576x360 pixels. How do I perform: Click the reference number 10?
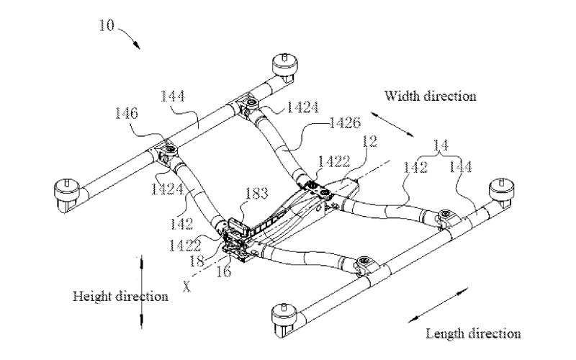coord(107,25)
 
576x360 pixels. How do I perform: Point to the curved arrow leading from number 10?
coord(130,36)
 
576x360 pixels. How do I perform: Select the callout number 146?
coord(127,113)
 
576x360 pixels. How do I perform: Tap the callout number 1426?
coord(345,122)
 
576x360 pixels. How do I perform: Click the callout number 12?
coord(369,141)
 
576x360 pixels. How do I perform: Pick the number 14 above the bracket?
coord(441,145)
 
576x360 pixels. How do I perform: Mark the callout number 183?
coord(256,193)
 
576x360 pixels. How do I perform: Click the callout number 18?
coord(197,261)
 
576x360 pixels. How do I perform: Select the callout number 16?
coord(223,271)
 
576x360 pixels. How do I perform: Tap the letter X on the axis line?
coord(187,287)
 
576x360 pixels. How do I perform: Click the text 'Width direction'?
coord(430,96)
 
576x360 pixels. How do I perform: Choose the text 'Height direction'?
coord(120,297)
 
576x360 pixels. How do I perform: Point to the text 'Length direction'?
coord(473,334)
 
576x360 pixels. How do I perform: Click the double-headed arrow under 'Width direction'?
coord(392,125)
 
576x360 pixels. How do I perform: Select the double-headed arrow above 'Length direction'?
coord(438,305)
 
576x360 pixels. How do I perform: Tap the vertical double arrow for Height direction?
coord(141,292)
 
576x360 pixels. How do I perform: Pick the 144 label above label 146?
coord(172,96)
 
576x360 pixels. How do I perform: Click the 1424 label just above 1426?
coord(302,107)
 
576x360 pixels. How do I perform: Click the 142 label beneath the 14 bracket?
coord(415,168)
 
